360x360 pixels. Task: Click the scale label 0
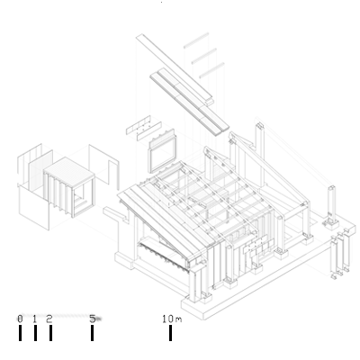click(x=20, y=319)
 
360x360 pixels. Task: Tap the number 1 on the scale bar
click(x=35, y=319)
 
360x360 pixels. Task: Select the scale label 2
click(x=49, y=319)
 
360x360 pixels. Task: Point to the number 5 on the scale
click(x=93, y=319)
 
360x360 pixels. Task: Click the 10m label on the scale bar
click(x=172, y=319)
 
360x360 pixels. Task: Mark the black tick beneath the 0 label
click(x=20, y=333)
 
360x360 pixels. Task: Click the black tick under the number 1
click(x=35, y=333)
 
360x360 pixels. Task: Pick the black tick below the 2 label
click(x=50, y=333)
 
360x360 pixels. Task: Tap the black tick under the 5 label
click(x=92, y=333)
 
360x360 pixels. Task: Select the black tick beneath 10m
click(x=170, y=333)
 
